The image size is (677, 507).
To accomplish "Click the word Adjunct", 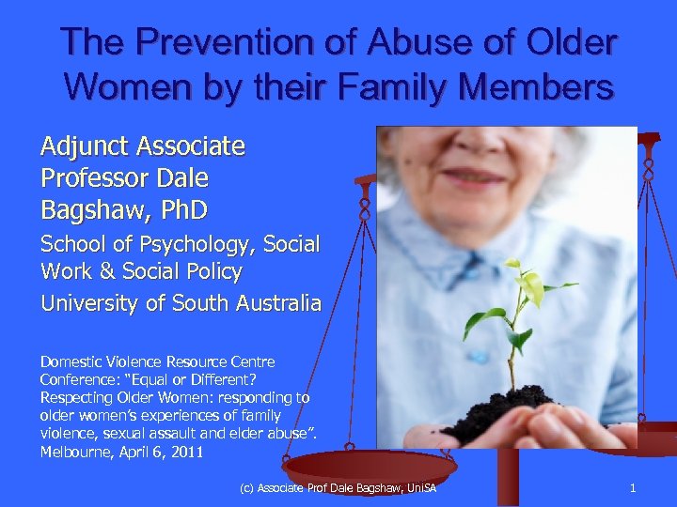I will pyautogui.click(x=85, y=146).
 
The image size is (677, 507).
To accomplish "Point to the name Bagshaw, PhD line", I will pyautogui.click(x=124, y=207).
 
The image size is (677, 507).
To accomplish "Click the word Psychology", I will pyautogui.click(x=194, y=245).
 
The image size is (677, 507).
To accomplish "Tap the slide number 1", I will pyautogui.click(x=633, y=488).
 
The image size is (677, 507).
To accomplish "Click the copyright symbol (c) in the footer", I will pyautogui.click(x=248, y=488).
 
